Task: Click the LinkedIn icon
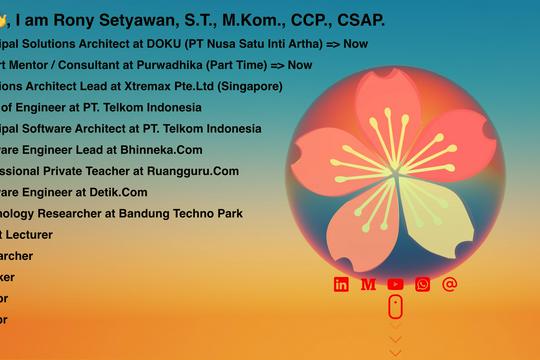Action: pyautogui.click(x=341, y=285)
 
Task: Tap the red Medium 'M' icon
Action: pyautogui.click(x=368, y=285)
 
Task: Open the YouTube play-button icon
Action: pyautogui.click(x=395, y=285)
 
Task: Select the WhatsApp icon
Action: pyautogui.click(x=422, y=285)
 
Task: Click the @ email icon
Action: pyautogui.click(x=449, y=284)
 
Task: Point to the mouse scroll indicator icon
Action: pyautogui.click(x=395, y=307)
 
